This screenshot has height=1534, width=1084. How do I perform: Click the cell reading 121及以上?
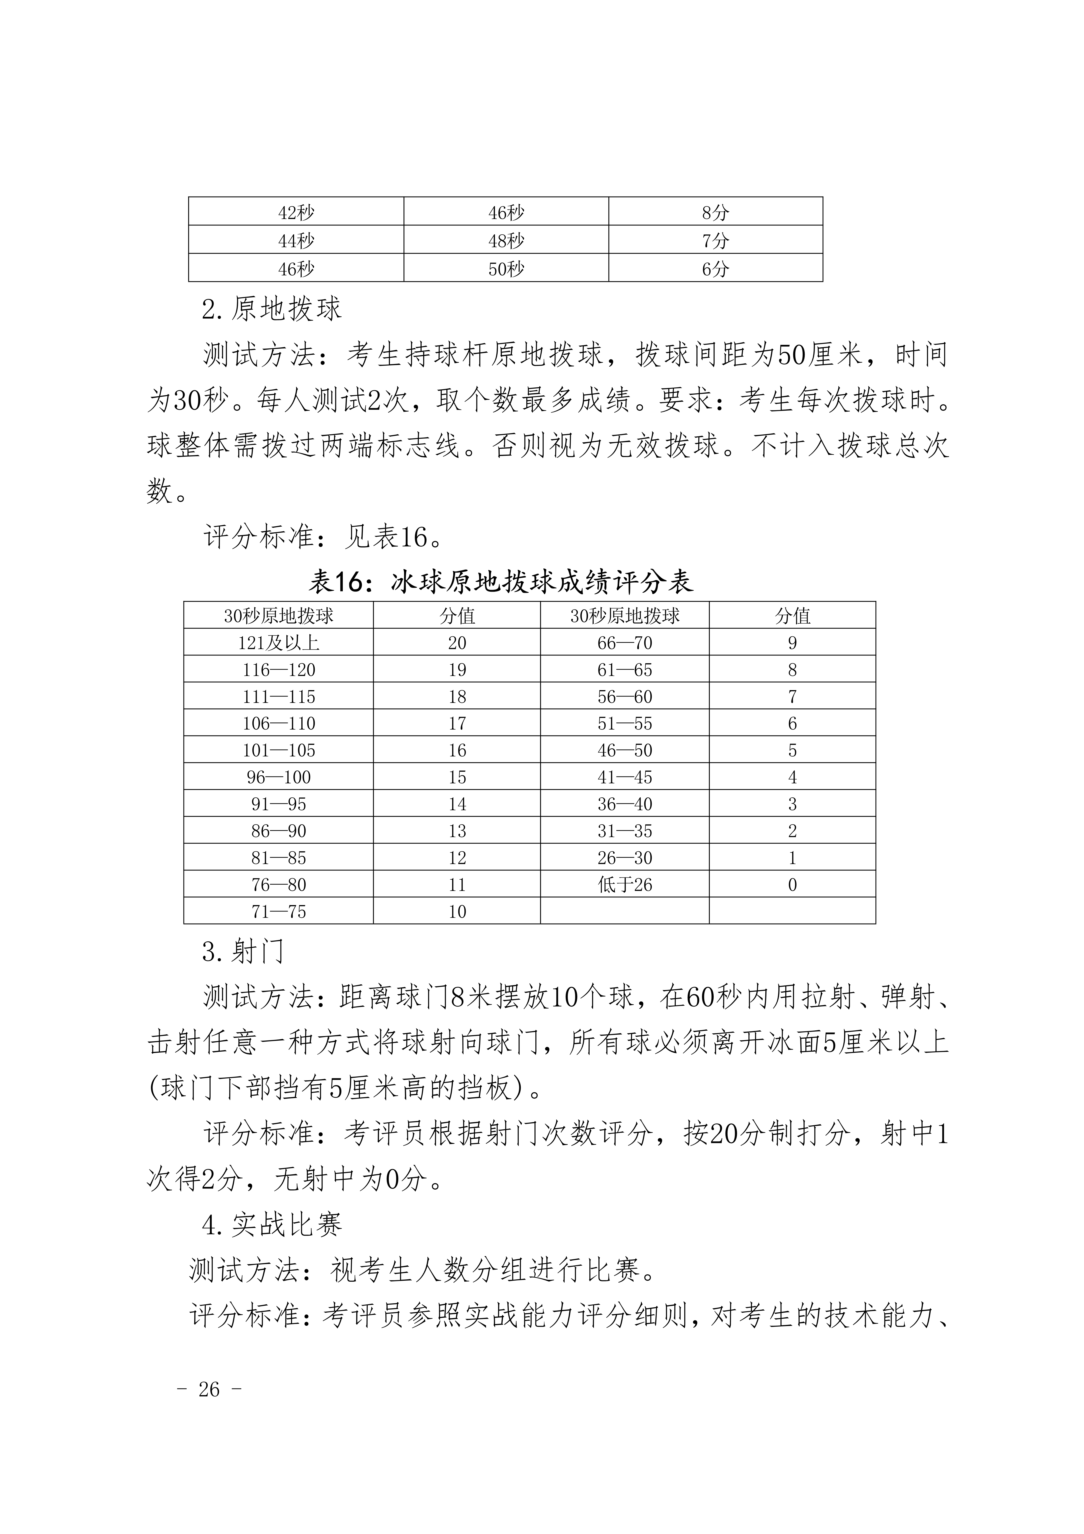click(x=279, y=643)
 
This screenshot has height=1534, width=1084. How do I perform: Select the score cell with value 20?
click(x=457, y=643)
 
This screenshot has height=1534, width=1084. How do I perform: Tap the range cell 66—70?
click(x=624, y=643)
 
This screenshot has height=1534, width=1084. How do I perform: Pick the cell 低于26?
click(x=624, y=885)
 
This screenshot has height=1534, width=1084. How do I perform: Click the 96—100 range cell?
click(x=279, y=777)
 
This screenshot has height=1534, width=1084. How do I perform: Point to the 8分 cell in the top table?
click(x=715, y=213)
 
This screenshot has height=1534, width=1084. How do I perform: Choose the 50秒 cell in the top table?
click(x=506, y=269)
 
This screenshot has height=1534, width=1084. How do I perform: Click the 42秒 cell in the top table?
click(x=296, y=213)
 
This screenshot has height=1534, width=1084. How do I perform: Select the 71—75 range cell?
click(x=279, y=911)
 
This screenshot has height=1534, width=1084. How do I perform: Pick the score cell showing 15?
click(x=457, y=777)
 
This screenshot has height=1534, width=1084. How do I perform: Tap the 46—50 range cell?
click(x=624, y=750)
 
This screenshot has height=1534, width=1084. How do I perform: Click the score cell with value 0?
click(x=792, y=885)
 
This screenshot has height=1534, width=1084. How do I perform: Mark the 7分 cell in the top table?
click(x=715, y=241)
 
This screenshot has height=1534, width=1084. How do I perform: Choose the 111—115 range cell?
click(x=279, y=696)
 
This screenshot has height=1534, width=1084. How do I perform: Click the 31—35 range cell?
click(x=624, y=831)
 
